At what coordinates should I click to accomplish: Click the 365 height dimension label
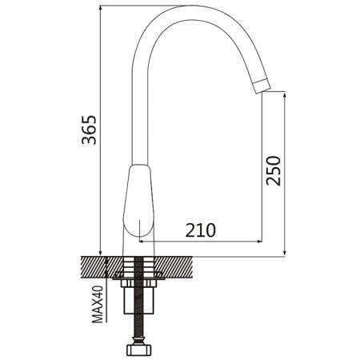click(x=90, y=130)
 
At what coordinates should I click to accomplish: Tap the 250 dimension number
click(x=274, y=170)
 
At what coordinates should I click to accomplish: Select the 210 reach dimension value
click(x=201, y=230)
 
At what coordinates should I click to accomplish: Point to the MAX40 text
click(x=98, y=304)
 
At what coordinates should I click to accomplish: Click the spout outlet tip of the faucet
click(x=262, y=86)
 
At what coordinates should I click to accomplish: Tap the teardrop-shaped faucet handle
click(x=138, y=201)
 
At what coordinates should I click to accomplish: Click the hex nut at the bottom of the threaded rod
click(x=138, y=350)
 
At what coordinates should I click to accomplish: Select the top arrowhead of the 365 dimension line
click(x=100, y=8)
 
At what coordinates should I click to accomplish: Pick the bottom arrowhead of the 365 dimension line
click(x=100, y=253)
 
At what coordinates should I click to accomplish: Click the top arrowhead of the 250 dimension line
click(x=285, y=94)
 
